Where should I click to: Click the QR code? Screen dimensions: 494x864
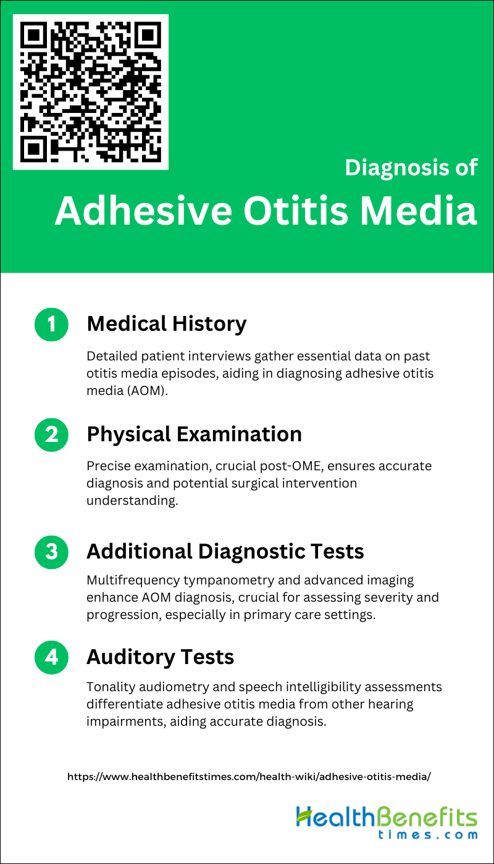(x=91, y=92)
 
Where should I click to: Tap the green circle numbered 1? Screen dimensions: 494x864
(x=51, y=325)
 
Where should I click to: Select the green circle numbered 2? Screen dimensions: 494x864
(x=51, y=434)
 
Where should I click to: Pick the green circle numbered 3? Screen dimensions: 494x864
(x=51, y=552)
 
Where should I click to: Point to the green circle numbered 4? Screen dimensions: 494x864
(x=51, y=657)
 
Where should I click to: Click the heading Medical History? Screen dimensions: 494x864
(x=167, y=324)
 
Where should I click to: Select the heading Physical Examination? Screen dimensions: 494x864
(x=194, y=434)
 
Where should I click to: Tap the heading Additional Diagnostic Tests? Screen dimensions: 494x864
(x=225, y=551)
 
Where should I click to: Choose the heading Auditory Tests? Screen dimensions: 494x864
(x=160, y=657)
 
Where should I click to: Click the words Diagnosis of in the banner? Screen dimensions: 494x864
(x=411, y=168)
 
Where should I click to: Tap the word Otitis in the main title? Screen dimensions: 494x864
(x=296, y=210)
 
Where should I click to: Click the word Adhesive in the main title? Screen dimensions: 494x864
(x=143, y=210)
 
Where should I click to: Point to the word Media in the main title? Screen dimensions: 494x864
(x=419, y=210)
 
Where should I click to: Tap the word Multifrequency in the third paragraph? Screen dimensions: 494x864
(x=133, y=581)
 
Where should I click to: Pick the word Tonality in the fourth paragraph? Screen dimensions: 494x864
(x=111, y=687)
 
